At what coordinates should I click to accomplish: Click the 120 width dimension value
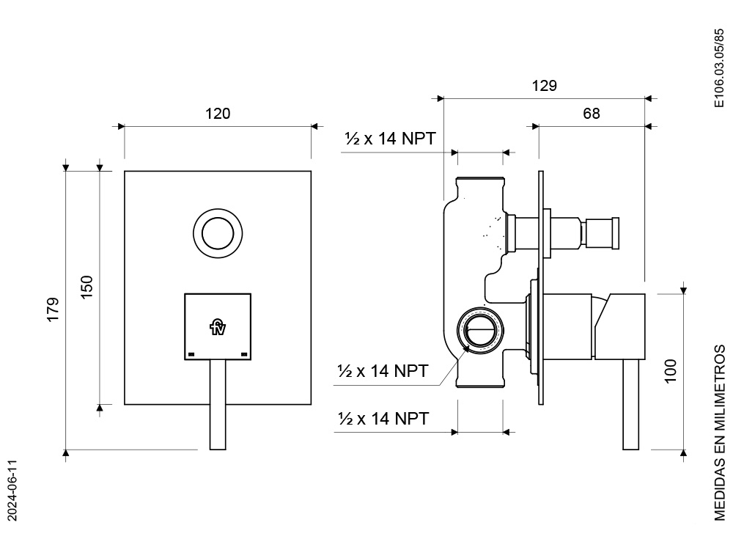218,114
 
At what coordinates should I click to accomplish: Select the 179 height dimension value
54,309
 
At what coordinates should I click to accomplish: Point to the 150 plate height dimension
87,287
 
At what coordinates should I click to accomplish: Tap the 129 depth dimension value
545,86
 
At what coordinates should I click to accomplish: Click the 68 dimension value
592,114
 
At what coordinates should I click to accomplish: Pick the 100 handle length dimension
671,371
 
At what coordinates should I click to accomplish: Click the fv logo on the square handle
218,326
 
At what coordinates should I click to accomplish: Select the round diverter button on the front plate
218,233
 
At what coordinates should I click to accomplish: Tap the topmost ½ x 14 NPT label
391,139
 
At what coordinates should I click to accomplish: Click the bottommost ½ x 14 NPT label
383,419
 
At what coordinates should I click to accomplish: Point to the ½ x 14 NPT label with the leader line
383,371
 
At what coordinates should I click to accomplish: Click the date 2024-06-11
12,490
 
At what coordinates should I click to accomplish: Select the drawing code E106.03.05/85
719,68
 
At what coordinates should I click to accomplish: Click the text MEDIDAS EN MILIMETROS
720,433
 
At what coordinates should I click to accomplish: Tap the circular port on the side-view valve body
480,330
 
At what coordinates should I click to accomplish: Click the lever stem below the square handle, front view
218,405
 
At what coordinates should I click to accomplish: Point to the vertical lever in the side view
631,405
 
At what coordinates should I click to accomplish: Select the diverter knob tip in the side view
600,233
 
